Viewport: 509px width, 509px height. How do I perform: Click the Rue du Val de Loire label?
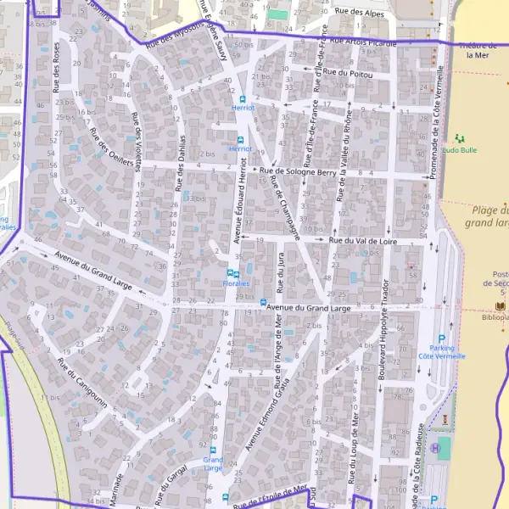click(365, 241)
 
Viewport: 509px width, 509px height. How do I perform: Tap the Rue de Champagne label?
click(286, 203)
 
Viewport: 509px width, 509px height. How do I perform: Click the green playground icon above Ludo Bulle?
click(460, 137)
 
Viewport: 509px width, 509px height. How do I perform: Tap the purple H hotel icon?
click(435, 447)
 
